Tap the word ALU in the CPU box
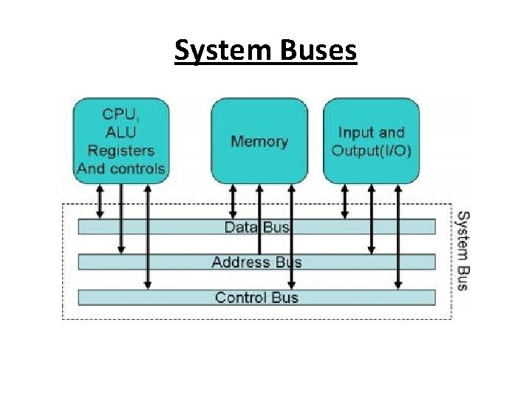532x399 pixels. click(x=120, y=132)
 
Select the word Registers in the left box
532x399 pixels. click(x=120, y=151)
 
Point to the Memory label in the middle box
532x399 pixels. click(x=259, y=141)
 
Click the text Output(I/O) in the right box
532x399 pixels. click(x=372, y=151)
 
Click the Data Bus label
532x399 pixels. click(x=256, y=227)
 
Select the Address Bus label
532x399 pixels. click(x=256, y=262)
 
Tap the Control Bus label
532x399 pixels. click(x=256, y=298)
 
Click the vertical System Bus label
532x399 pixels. click(x=462, y=251)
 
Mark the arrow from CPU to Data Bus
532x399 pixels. click(x=100, y=201)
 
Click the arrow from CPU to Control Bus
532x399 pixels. click(x=148, y=236)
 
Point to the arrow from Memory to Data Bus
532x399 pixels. click(x=233, y=201)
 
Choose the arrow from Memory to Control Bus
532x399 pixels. click(x=291, y=236)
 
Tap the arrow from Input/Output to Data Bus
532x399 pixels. click(x=344, y=201)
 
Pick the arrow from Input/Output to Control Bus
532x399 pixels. click(x=398, y=236)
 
